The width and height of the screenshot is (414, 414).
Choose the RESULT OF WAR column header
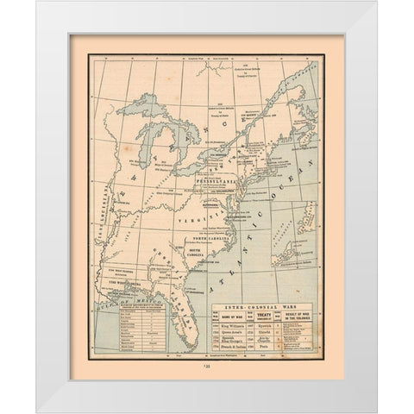click(292, 292)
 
